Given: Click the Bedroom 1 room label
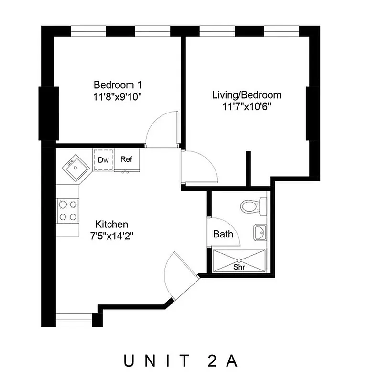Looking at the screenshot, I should [118, 85].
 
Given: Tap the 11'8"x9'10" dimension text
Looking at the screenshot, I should [118, 96].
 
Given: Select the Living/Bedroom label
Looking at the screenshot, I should [247, 95].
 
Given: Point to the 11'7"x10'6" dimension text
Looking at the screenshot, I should [247, 106].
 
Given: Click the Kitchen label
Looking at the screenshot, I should [112, 224].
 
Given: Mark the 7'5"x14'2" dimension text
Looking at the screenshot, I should [112, 236].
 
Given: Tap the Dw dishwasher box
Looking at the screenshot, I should [103, 160].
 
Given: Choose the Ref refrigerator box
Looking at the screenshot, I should [127, 160].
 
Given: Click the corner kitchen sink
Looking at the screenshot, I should [73, 167].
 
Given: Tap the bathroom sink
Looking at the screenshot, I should [259, 233].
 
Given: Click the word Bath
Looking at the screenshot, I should [223, 234].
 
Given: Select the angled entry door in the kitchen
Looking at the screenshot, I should [179, 275].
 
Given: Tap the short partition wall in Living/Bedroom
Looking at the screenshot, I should [249, 169].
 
